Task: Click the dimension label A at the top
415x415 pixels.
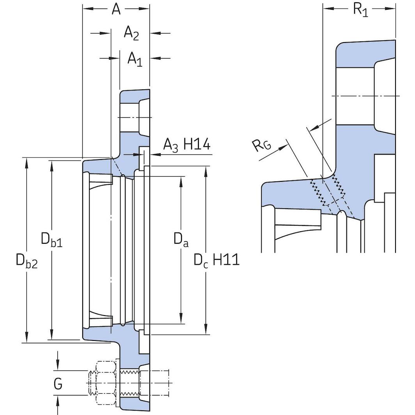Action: [x=116, y=9]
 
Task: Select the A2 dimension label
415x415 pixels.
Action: [x=131, y=34]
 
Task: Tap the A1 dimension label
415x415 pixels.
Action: [x=135, y=60]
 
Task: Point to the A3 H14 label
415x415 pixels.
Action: [x=186, y=145]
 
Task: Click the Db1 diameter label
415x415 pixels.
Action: [x=51, y=240]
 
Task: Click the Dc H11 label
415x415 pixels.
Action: [x=216, y=260]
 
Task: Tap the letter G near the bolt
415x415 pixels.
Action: [x=58, y=384]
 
